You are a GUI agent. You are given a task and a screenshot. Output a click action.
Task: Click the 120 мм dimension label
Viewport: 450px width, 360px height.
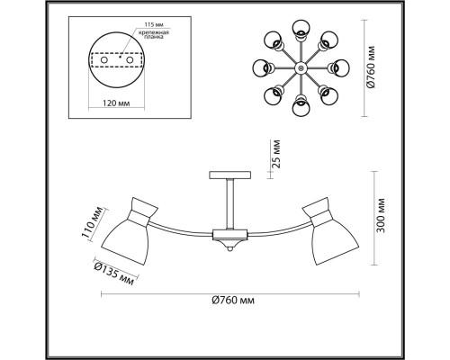tap(116, 103)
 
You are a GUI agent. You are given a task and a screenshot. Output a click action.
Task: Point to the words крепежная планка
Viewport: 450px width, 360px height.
tap(154, 35)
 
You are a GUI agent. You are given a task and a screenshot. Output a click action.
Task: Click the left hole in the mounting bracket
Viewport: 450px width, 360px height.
tap(104, 60)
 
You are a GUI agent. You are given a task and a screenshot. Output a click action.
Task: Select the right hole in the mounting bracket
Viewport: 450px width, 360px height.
tap(130, 60)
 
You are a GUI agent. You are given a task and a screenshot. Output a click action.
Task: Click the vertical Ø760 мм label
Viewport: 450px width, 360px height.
tap(371, 67)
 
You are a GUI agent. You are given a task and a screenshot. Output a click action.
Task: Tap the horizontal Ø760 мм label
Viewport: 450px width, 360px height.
tap(233, 300)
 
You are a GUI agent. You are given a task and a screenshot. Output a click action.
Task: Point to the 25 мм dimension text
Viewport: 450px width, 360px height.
tap(276, 154)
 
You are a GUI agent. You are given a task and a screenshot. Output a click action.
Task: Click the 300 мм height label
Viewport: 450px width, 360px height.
tap(381, 215)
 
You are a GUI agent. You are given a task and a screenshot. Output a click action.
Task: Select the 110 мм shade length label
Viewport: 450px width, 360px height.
tap(93, 222)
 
